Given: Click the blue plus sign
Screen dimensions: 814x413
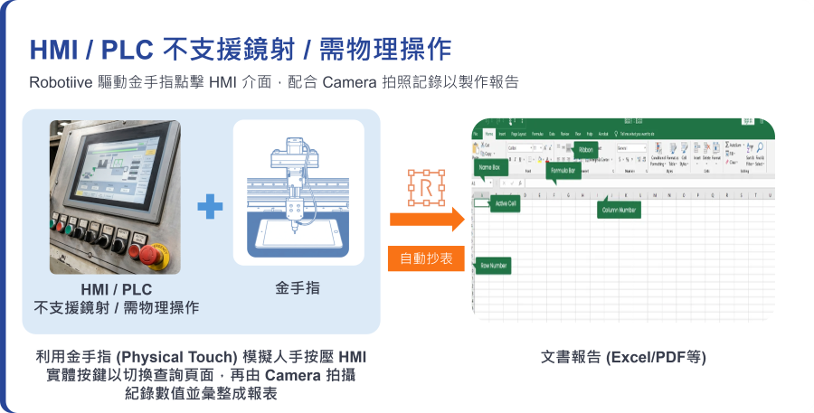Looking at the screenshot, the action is tap(210, 207).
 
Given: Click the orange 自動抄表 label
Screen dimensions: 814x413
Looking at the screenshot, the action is tap(426, 259).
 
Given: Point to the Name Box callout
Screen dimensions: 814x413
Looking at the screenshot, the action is tap(489, 167).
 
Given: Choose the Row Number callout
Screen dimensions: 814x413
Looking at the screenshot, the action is tap(493, 266).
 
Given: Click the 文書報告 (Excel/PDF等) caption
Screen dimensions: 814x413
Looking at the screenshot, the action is tap(623, 357).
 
